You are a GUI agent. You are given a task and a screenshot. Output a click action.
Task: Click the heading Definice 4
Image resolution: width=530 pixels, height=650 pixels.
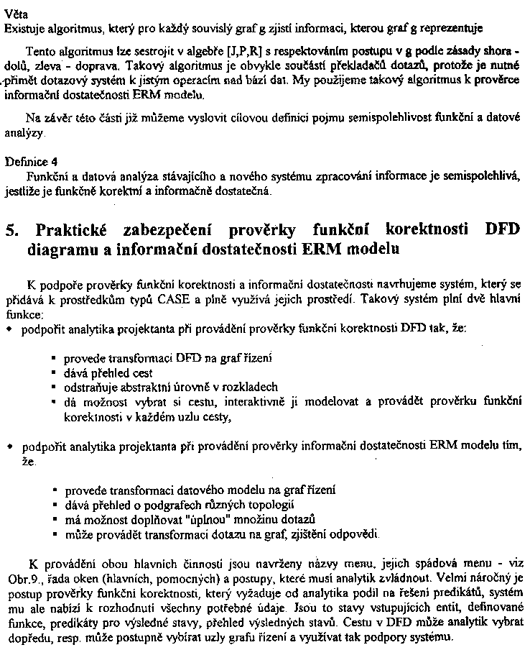[30, 162]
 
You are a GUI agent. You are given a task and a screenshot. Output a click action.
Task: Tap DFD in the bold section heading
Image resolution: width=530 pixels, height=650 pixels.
[501, 230]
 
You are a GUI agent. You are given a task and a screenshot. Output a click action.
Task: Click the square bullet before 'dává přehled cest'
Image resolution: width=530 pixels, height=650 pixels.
[55, 372]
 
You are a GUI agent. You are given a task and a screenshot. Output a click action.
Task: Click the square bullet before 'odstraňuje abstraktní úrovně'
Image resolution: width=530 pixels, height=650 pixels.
[55, 387]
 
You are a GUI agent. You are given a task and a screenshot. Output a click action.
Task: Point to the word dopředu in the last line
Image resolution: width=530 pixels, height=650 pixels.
[26, 638]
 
